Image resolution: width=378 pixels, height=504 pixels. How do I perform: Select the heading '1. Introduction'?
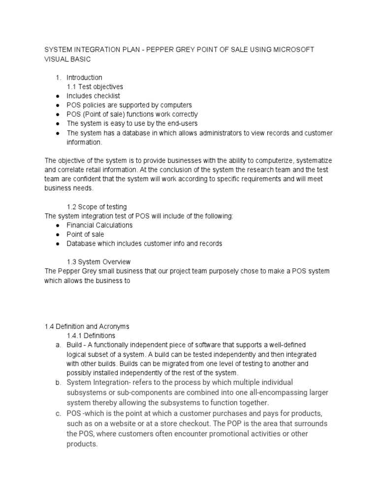tap(84, 77)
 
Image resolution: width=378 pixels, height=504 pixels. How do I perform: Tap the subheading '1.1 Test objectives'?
tap(94, 87)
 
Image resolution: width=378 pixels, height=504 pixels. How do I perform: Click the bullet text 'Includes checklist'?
tap(93, 96)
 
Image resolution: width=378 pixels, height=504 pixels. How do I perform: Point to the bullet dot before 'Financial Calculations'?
tap(58, 225)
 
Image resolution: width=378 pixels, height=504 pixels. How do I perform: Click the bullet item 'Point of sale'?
tap(85, 234)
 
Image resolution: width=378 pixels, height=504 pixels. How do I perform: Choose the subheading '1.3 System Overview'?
tap(98, 262)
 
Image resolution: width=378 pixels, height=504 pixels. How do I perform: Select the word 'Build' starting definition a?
tap(75, 345)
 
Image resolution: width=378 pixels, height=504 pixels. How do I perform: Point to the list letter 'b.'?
tap(58, 382)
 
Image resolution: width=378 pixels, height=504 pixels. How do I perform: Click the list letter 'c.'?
tap(58, 413)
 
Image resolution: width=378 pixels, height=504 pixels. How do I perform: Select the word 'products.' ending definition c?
tap(82, 444)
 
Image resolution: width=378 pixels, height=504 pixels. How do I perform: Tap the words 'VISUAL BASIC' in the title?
tap(67, 59)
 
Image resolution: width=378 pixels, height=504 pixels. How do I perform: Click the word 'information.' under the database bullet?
tap(84, 142)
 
